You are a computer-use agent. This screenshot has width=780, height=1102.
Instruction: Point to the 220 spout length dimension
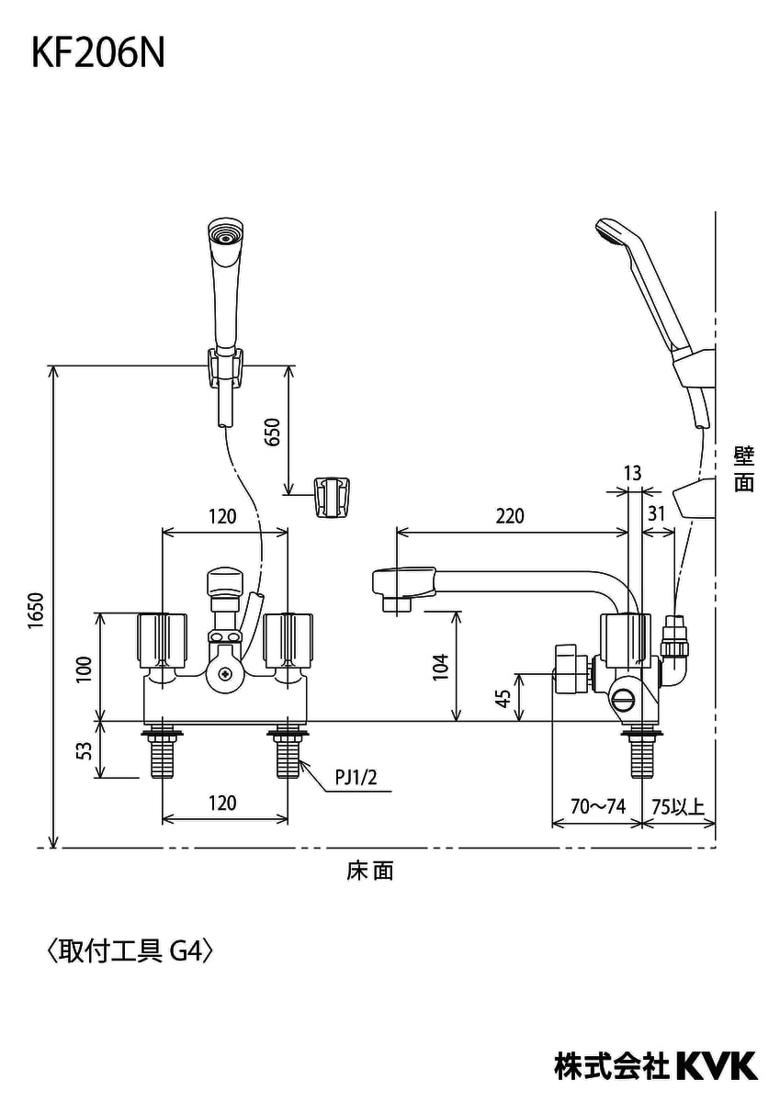509,516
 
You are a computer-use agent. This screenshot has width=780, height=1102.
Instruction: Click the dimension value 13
631,473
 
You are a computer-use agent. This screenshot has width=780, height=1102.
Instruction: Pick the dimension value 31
655,515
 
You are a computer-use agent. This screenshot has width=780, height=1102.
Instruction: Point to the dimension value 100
84,668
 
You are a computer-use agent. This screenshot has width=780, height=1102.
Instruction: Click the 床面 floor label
370,871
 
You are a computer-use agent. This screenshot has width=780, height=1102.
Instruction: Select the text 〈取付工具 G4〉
129,950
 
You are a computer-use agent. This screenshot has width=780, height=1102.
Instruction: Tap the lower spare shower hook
332,497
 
